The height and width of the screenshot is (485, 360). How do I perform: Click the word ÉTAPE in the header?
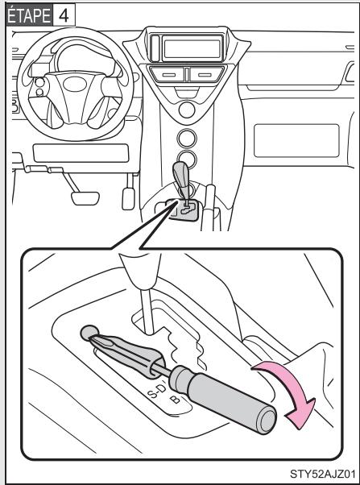coord(24,14)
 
